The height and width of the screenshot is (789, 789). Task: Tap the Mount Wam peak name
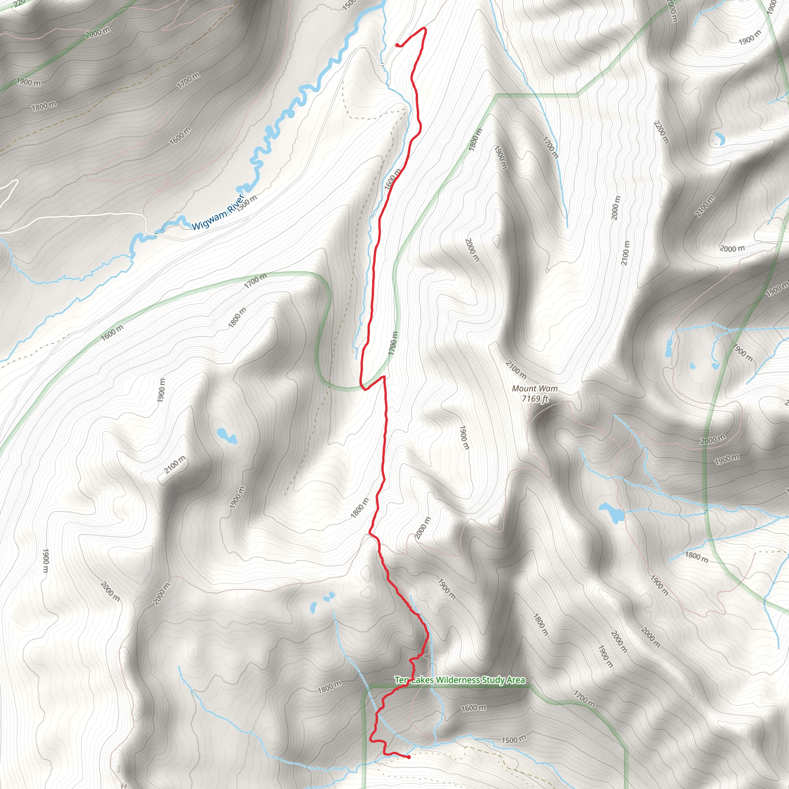pyautogui.click(x=535, y=388)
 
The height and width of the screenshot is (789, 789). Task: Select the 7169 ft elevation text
pyautogui.click(x=535, y=398)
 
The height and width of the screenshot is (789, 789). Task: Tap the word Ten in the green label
pyautogui.click(x=401, y=680)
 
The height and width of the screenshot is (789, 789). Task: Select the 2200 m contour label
pyautogui.click(x=661, y=132)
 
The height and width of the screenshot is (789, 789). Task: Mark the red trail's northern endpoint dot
pyautogui.click(x=397, y=45)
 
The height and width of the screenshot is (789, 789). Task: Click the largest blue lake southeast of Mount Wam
pyautogui.click(x=611, y=512)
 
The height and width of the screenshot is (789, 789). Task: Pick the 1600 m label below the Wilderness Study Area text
pyautogui.click(x=473, y=708)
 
